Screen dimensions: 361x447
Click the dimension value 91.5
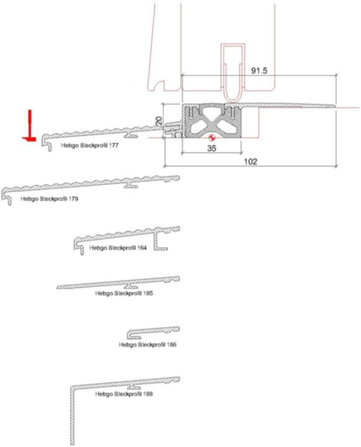(x=259, y=70)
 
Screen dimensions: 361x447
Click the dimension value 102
(x=251, y=161)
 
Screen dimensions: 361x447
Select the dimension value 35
(x=212, y=148)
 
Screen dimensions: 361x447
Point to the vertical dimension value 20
(x=159, y=120)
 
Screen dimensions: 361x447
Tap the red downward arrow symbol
(x=29, y=125)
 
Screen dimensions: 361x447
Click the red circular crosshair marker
(x=212, y=138)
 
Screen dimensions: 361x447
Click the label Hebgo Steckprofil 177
(x=89, y=145)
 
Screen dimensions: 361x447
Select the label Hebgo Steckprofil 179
(x=49, y=199)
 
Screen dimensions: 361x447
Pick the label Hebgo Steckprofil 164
(x=118, y=248)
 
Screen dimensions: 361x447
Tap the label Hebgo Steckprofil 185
(x=124, y=293)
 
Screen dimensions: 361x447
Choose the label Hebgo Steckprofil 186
(x=148, y=345)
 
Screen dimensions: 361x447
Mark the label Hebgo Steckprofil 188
(x=124, y=394)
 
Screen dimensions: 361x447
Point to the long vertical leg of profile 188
(x=73, y=415)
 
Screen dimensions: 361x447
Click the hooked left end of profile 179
(x=7, y=196)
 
